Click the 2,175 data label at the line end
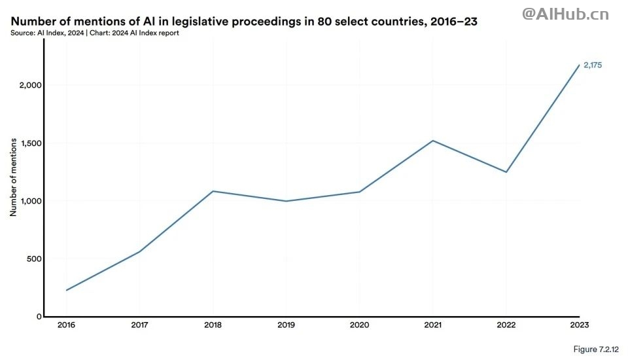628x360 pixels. tap(593, 65)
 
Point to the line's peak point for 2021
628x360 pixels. tap(432, 141)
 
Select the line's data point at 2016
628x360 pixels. tap(66, 290)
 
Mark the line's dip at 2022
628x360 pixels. tap(506, 172)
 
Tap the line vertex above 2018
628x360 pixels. tap(213, 191)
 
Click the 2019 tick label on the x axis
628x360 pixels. tap(286, 325)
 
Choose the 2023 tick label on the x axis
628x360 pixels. tap(579, 325)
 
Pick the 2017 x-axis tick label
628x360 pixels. tap(139, 325)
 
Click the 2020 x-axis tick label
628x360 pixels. tap(359, 325)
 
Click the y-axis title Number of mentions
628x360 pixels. tap(12, 178)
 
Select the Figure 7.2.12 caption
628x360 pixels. tap(595, 350)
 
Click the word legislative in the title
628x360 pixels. tap(208, 22)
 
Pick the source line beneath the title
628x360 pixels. tap(95, 33)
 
